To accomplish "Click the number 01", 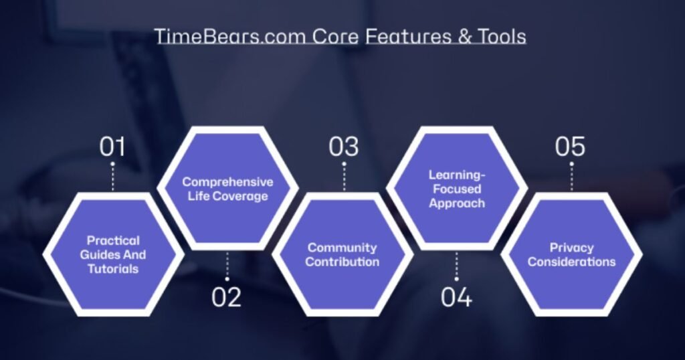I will [x=112, y=147].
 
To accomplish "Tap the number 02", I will [x=227, y=296].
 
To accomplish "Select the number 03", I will [x=343, y=147].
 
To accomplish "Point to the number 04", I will [x=456, y=296].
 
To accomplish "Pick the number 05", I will [x=570, y=147].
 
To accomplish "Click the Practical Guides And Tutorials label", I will [x=112, y=254].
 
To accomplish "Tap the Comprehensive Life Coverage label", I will [x=227, y=189].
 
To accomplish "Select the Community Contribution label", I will [x=342, y=255].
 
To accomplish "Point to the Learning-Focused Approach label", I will [x=457, y=189].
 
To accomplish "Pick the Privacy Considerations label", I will [x=571, y=255].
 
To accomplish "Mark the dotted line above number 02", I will [x=227, y=266].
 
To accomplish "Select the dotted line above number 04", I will [x=456, y=266].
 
